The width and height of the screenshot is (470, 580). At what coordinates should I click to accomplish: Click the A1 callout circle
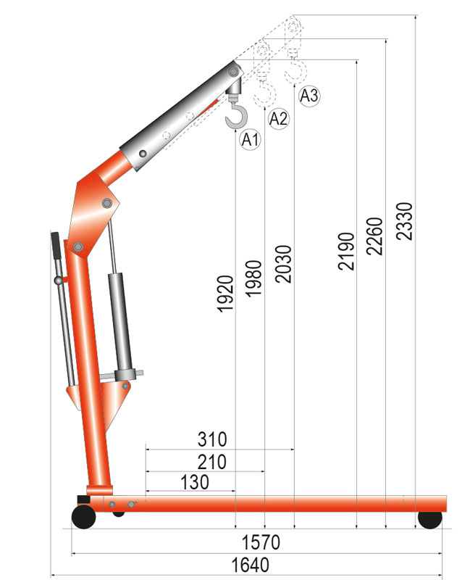[x=251, y=139]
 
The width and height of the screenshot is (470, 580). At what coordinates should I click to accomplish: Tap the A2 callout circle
[x=278, y=119]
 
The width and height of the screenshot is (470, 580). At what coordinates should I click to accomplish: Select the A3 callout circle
[x=309, y=96]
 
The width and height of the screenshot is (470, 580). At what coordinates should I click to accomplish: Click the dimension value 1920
[x=226, y=294]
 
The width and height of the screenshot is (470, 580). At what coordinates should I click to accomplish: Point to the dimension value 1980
[x=254, y=278]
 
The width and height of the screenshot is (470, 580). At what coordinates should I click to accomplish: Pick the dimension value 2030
[x=283, y=264]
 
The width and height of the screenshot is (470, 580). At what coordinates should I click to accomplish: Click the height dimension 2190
[x=346, y=251]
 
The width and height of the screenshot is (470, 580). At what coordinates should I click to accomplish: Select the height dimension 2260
[x=374, y=236]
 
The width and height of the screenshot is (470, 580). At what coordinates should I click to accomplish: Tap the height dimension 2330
[x=403, y=221]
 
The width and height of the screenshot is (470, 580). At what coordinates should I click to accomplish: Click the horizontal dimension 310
[x=212, y=439]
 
